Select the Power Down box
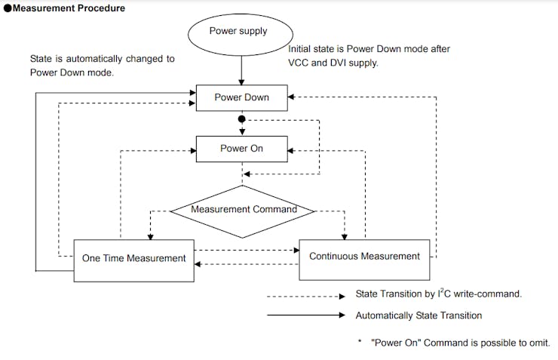click(241, 97)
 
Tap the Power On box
click(241, 149)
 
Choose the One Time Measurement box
click(133, 259)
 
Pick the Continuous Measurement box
click(364, 257)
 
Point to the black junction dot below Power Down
click(241, 119)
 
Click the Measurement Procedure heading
click(69, 8)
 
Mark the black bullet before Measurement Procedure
click(8, 8)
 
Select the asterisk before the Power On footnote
click(360, 341)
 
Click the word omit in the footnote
click(537, 342)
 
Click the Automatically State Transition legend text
click(418, 315)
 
